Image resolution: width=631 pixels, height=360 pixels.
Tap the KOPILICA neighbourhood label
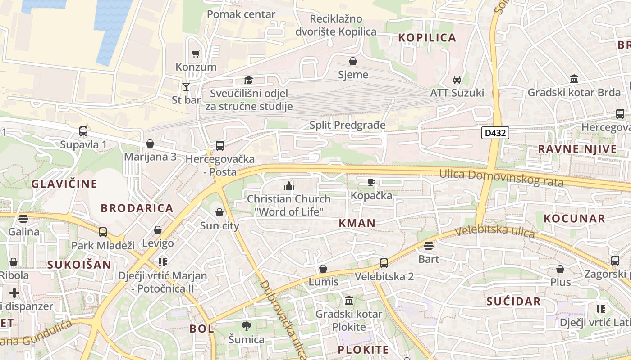click(x=427, y=38)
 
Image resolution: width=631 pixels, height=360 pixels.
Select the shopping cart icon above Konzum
click(x=196, y=54)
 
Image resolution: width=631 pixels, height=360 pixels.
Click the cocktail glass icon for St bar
click(x=186, y=86)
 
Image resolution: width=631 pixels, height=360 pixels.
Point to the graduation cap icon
click(x=248, y=80)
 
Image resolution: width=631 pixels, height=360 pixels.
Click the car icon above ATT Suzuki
click(x=457, y=80)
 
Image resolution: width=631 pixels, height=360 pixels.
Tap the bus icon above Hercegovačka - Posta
click(x=220, y=146)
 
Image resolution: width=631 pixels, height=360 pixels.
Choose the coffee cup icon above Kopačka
click(x=371, y=182)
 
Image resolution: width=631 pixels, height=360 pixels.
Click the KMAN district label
click(x=357, y=223)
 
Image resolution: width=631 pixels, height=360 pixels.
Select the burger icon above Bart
click(x=428, y=246)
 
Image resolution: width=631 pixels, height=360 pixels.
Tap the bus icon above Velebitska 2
click(x=384, y=263)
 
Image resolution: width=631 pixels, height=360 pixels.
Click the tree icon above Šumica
click(x=246, y=326)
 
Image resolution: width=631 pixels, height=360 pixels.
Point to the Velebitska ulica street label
click(x=494, y=232)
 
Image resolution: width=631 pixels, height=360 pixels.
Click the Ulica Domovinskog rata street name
click(x=501, y=177)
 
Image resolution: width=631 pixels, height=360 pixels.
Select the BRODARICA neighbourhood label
click(x=137, y=208)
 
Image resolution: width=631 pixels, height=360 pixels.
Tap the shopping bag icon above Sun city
click(x=219, y=212)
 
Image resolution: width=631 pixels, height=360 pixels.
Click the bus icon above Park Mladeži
click(x=103, y=232)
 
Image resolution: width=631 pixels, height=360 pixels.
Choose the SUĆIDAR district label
click(x=513, y=301)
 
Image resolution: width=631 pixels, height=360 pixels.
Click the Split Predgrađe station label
click(x=348, y=125)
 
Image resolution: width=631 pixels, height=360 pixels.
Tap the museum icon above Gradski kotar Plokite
click(x=349, y=300)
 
